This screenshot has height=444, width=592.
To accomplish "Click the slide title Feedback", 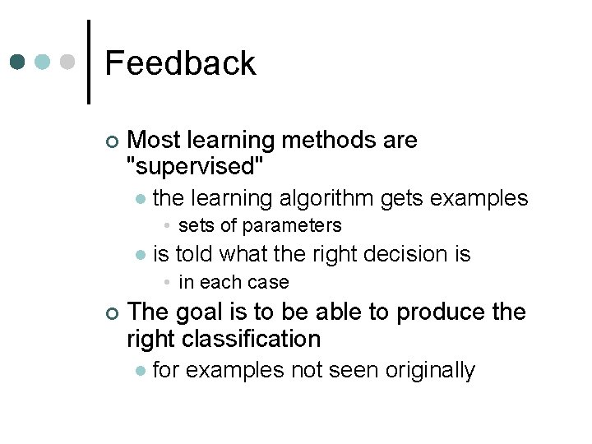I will tap(180, 63).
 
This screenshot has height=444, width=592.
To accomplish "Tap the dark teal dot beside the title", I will tap(18, 62).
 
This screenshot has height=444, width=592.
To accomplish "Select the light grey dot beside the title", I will tap(68, 62).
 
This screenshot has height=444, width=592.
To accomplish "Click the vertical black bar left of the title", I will tap(88, 62).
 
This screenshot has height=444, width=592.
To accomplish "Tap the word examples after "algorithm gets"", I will tap(479, 198).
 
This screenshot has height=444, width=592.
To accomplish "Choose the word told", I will tap(195, 254).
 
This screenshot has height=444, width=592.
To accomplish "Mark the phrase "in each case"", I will tap(234, 282).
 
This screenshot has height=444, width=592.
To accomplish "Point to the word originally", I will tap(427, 371).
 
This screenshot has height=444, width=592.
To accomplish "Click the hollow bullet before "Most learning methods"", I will tap(112, 141).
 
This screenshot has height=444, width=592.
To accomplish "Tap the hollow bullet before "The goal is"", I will tap(112, 312).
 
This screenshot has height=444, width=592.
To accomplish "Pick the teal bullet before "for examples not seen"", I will tap(141, 372).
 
